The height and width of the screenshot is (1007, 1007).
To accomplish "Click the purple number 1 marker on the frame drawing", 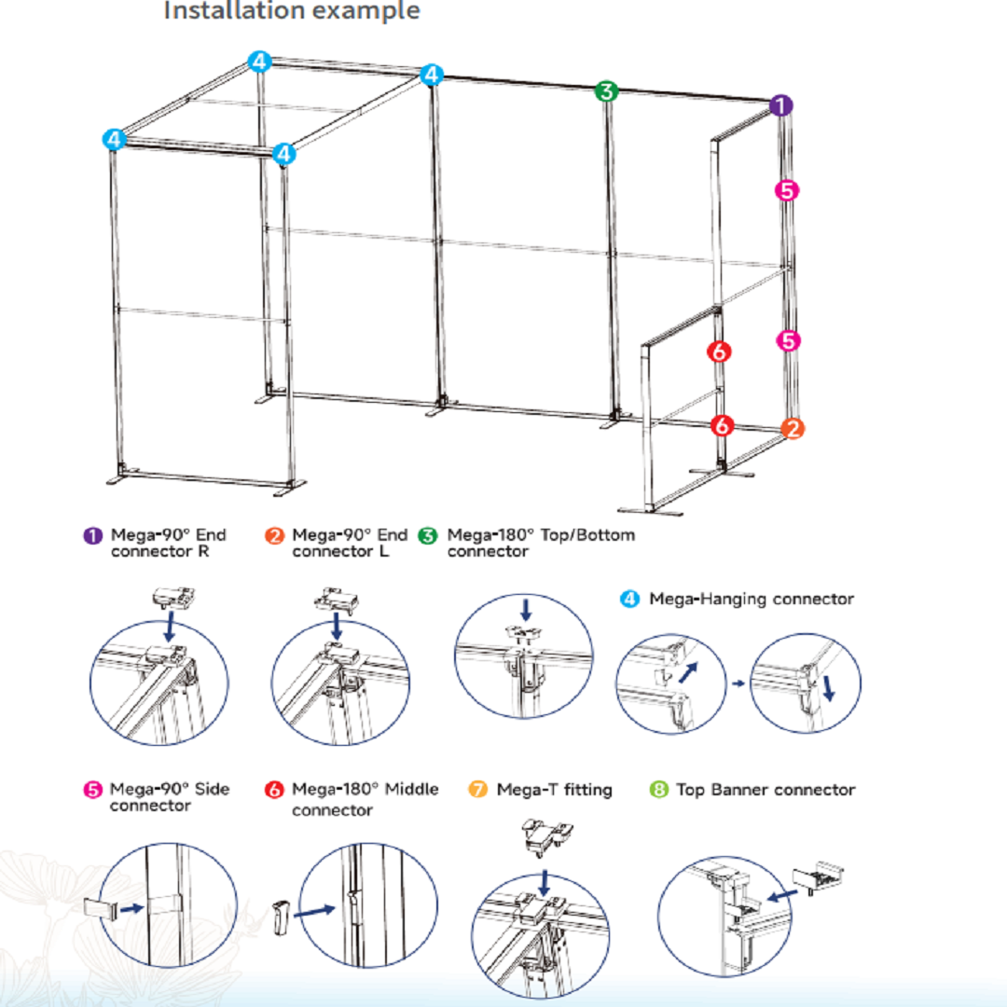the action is (780, 104).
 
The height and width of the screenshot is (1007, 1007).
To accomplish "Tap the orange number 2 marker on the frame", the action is (793, 428).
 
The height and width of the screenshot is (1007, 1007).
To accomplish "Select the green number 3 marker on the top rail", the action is (606, 90).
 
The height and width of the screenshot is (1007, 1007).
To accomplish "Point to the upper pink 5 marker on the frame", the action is (787, 190).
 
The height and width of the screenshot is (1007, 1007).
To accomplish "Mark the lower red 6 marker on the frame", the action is (723, 425).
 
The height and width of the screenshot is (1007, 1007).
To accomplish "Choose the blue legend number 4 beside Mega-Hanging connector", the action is (629, 600).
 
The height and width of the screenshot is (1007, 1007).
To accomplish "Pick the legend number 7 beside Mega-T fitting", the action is (477, 790).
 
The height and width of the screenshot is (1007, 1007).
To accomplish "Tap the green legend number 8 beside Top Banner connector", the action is (659, 790).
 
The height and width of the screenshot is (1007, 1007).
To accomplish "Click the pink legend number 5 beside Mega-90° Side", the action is (93, 790).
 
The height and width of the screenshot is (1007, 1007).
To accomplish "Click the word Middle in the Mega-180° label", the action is (411, 789).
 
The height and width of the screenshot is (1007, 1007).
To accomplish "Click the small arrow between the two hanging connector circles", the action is (738, 683).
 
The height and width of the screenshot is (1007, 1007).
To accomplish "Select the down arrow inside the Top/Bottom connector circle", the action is (526, 610).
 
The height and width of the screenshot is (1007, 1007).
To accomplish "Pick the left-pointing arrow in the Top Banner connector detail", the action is (782, 895).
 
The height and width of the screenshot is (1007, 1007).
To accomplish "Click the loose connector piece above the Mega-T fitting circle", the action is (547, 836).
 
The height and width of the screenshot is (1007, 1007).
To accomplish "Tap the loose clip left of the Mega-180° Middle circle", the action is (282, 918).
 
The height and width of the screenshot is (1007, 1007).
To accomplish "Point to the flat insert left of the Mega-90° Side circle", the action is (100, 908).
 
